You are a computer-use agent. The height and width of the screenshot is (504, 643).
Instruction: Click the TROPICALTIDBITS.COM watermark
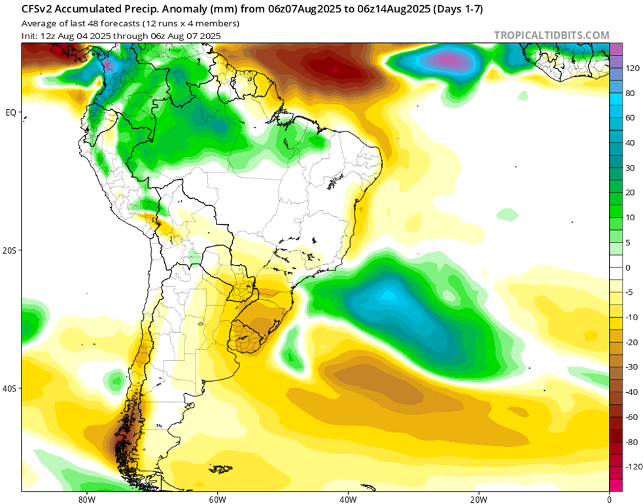(x=551, y=35)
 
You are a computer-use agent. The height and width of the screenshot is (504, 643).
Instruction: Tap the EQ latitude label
(x=10, y=112)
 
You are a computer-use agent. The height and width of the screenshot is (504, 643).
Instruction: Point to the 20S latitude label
(x=10, y=250)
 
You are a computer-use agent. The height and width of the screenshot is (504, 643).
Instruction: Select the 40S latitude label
(x=10, y=388)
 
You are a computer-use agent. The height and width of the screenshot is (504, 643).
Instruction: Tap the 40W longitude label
(x=347, y=498)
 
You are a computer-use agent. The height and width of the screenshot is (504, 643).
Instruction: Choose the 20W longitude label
(x=478, y=498)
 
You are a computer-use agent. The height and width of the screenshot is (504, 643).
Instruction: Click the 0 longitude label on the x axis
(x=609, y=498)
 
